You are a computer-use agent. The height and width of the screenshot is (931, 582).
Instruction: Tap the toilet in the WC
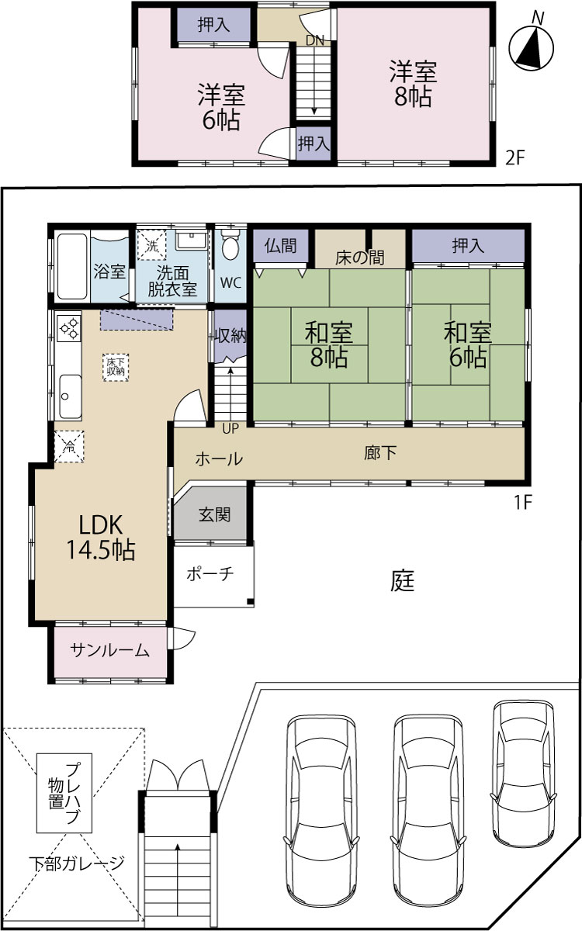point(230,246)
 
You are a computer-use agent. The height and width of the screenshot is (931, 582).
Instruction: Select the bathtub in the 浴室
point(72,266)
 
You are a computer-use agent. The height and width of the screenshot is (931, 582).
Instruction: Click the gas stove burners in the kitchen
point(69,327)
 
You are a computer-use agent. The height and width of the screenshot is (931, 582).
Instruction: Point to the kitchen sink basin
point(70,396)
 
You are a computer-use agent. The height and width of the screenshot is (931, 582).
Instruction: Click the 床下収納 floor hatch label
point(116,367)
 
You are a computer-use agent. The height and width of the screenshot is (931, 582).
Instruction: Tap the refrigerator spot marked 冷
point(69,446)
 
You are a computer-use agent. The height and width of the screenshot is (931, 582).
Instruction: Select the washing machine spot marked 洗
point(152,246)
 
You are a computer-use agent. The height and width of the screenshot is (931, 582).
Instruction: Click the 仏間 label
point(281,245)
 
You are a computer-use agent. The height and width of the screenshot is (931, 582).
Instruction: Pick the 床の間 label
point(359,258)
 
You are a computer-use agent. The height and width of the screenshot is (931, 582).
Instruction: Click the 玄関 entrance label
point(214,514)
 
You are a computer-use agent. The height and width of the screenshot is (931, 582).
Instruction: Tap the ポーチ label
point(210,574)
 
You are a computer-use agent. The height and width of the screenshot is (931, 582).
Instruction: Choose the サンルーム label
point(109,650)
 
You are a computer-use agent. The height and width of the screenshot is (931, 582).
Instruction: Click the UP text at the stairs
point(230,428)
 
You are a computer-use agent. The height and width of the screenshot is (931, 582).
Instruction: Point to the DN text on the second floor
point(315,40)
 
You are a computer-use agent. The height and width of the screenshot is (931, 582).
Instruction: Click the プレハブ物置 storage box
point(64,793)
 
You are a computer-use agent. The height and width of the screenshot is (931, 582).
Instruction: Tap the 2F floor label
point(515,157)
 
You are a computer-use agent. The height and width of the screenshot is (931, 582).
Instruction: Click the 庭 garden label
point(403,580)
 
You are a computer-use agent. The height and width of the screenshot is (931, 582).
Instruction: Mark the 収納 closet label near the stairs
point(230,335)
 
